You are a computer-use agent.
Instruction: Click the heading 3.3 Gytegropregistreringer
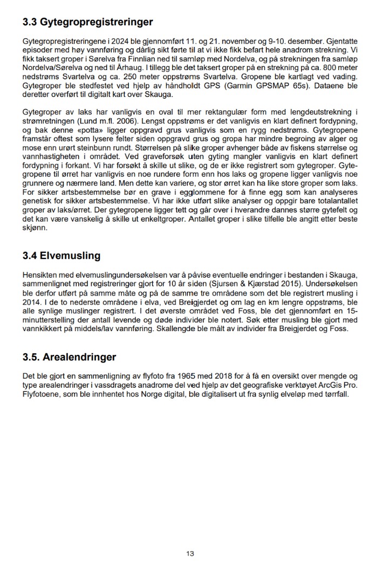[x=88, y=22]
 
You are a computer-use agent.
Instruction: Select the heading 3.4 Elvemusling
[x=61, y=256]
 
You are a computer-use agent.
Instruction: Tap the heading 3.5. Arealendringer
[x=70, y=357]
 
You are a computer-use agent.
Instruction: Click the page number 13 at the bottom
[x=190, y=553]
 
